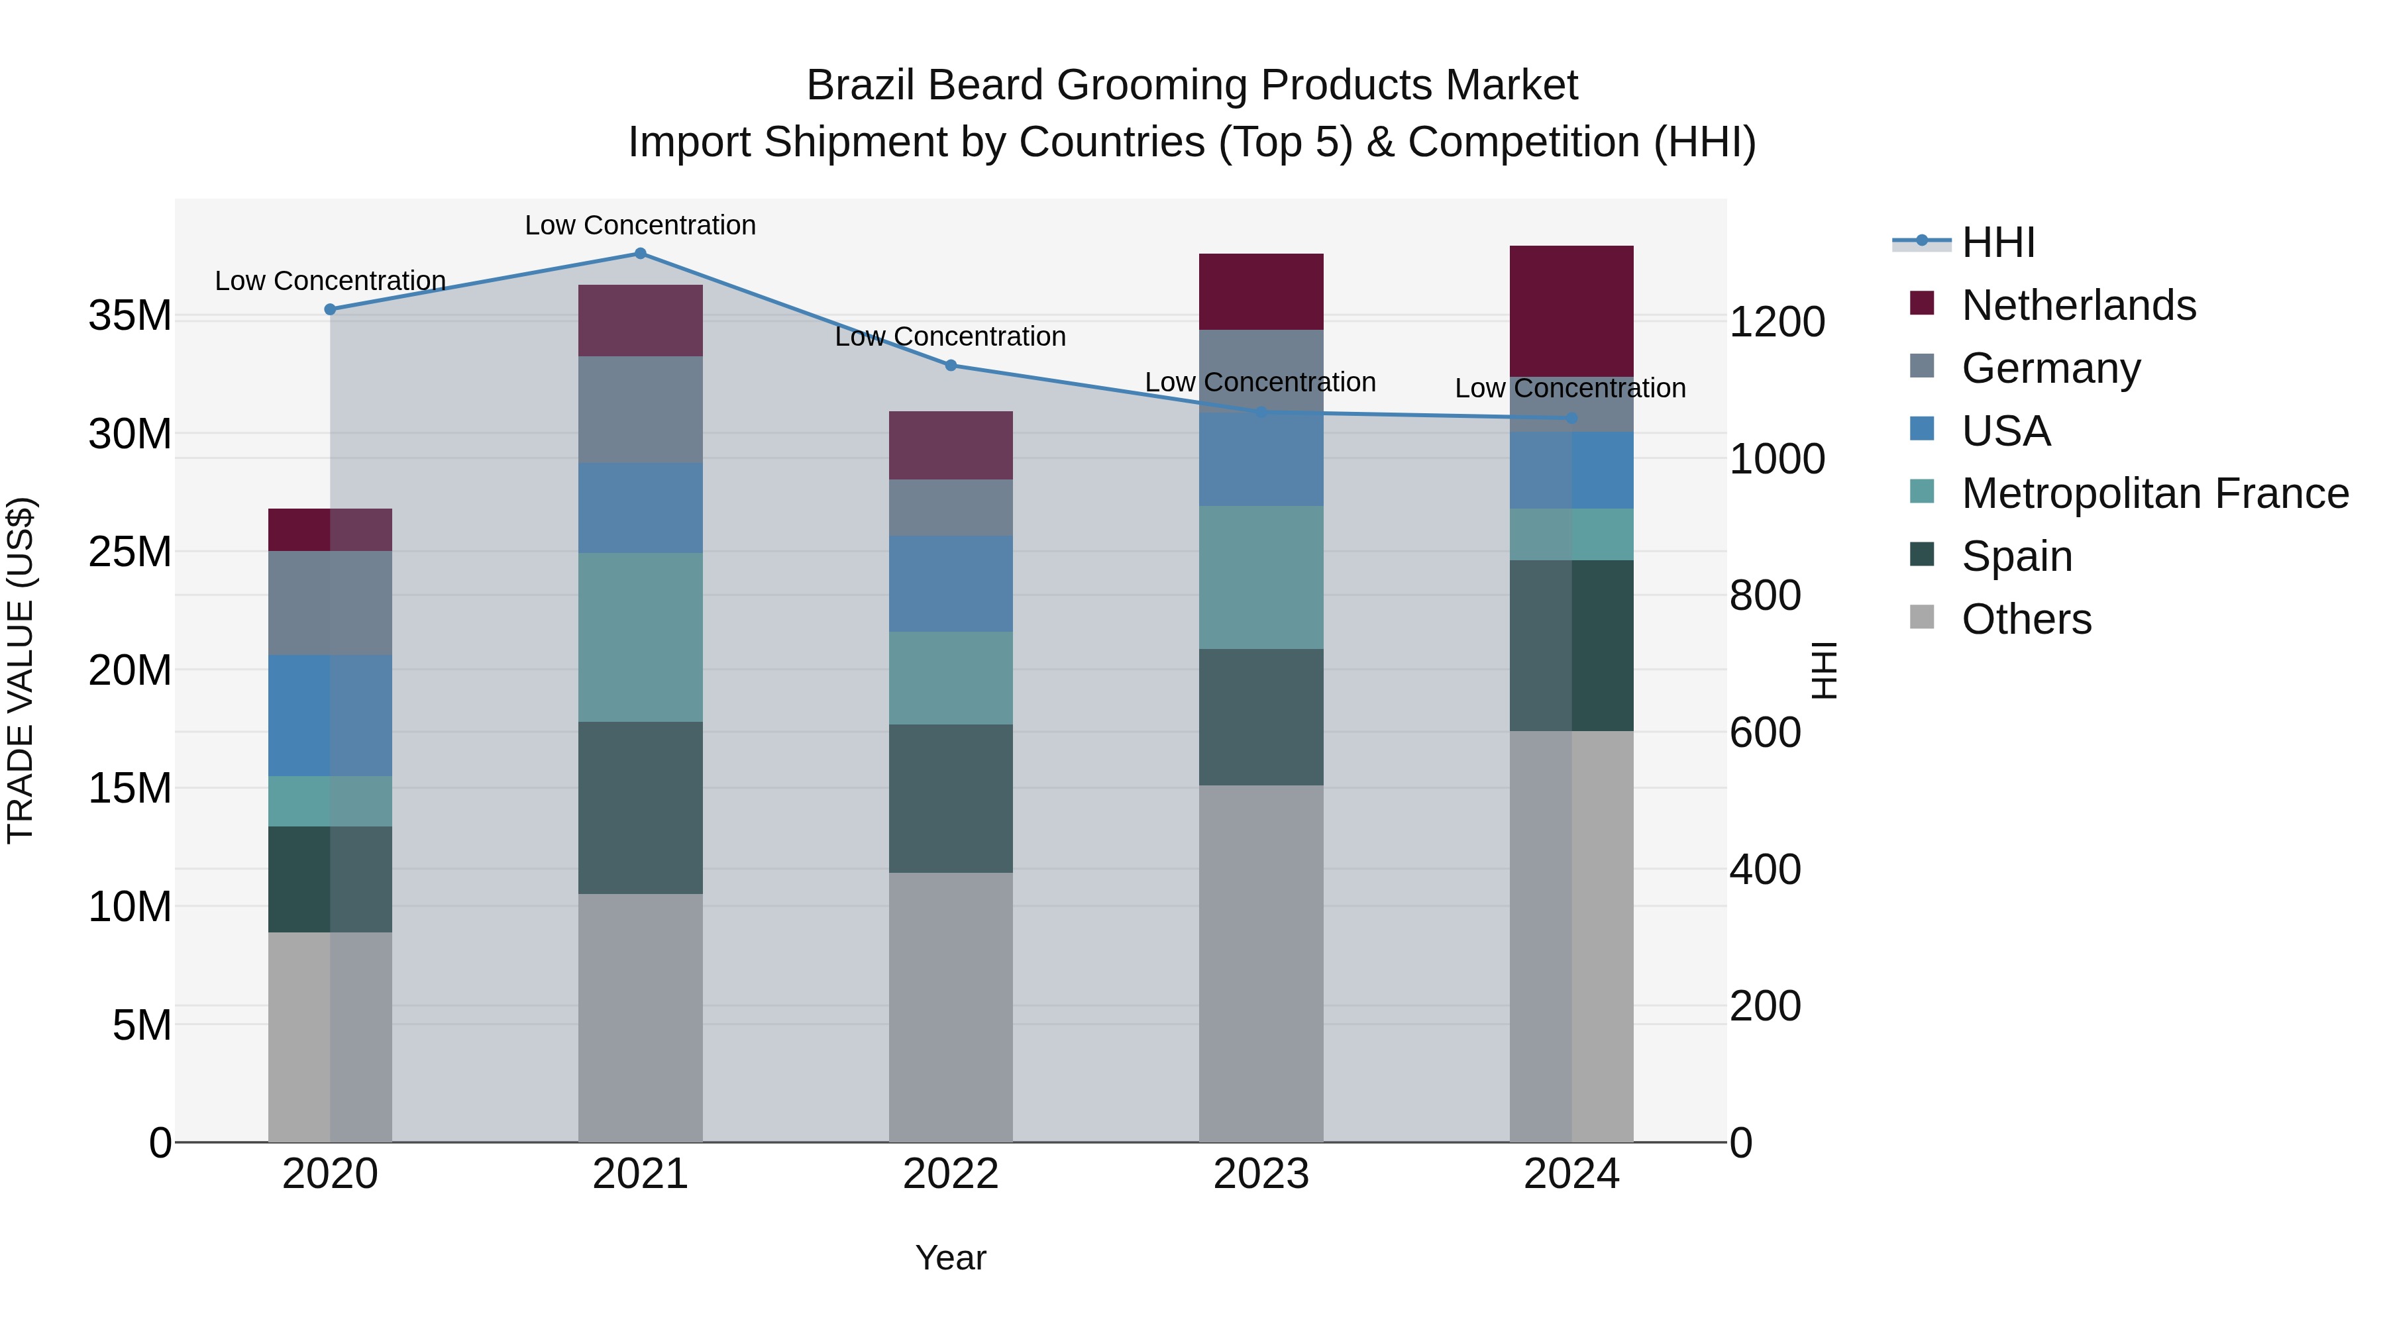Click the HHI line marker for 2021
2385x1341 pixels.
[640, 254]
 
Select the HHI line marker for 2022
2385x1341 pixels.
[950, 366]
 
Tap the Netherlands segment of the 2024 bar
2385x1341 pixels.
[1571, 311]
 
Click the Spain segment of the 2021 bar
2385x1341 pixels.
[640, 807]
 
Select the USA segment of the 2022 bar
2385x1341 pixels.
[950, 584]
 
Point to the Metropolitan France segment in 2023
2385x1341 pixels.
[1260, 577]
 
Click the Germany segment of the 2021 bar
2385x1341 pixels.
[640, 409]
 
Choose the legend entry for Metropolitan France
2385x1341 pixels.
[2154, 493]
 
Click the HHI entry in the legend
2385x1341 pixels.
[1998, 242]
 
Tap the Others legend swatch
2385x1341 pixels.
[1922, 617]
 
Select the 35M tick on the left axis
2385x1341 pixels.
[130, 316]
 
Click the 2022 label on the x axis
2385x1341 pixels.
[950, 1174]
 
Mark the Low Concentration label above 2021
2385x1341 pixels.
[640, 225]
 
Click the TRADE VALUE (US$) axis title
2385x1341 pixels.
[21, 670]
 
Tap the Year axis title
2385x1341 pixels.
[950, 1258]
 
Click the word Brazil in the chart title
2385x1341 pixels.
[861, 85]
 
